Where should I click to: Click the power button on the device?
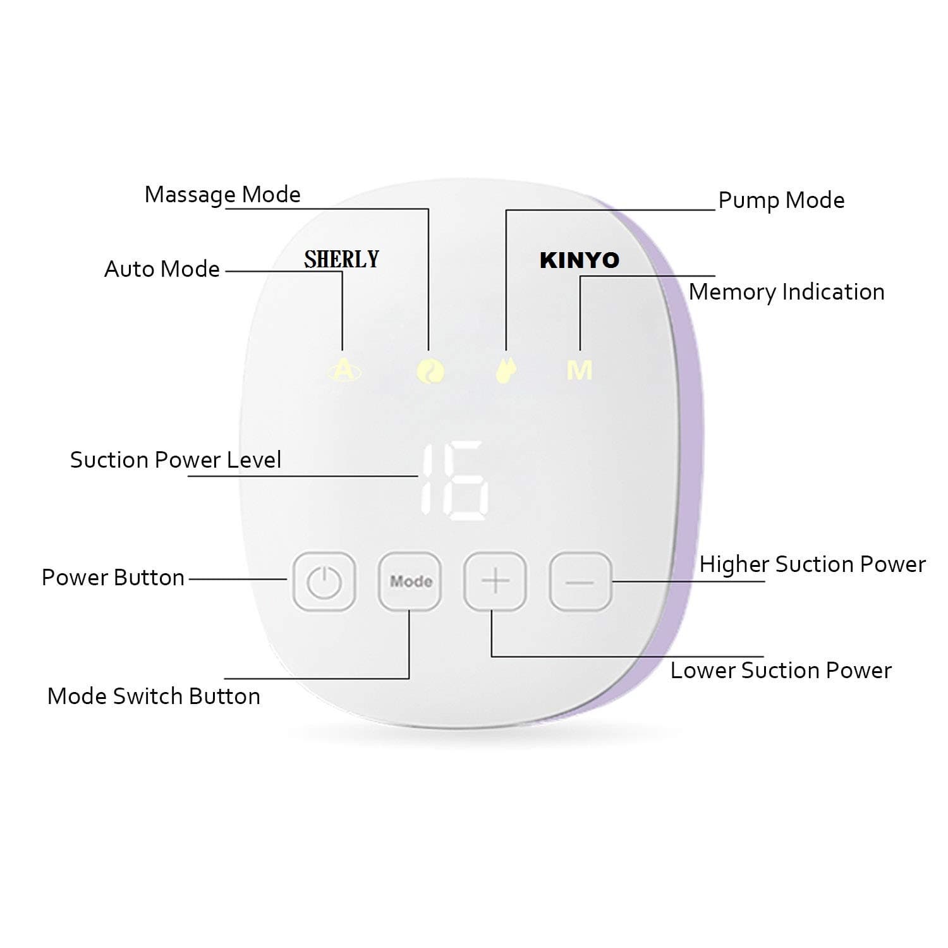coord(324,581)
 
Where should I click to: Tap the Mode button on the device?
coord(410,581)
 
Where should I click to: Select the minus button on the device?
coord(581,581)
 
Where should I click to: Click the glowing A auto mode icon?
coord(343,370)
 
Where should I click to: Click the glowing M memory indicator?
coord(580,370)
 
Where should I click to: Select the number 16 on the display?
coord(454,480)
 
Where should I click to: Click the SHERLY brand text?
coord(341,259)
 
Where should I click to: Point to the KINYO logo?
coord(580,260)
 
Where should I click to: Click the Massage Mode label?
coord(222,195)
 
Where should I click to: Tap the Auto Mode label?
coord(162,269)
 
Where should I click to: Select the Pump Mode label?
coord(782,200)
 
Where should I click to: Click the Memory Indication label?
coord(787,292)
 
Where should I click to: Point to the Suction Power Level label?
coord(176,459)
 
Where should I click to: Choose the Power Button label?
coord(113,577)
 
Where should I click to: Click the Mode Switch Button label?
coord(154,696)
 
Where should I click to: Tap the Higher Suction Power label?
coord(813,564)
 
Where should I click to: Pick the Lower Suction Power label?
coord(781,670)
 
